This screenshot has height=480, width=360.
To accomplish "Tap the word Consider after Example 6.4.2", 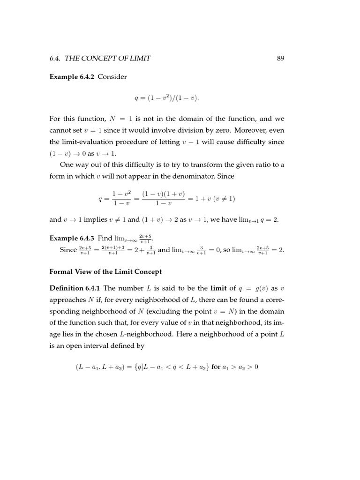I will (x=112, y=77).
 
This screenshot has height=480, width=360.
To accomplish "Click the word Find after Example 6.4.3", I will (x=105, y=239).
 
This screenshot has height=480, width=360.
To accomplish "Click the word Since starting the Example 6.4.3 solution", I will (x=68, y=250).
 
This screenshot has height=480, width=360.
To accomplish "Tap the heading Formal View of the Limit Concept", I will (x=105, y=271).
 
